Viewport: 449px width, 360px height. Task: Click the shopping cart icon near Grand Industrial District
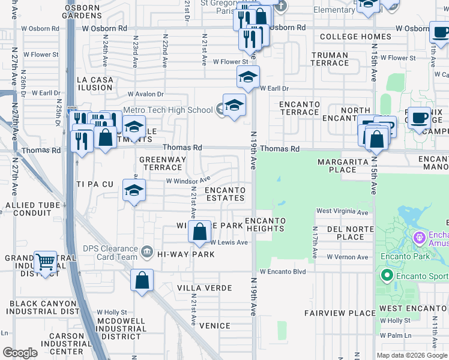[45, 262]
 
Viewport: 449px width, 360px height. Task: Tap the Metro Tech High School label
[167, 110]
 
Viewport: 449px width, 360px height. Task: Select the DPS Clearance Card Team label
[110, 253]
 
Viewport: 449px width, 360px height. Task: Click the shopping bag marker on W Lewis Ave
[199, 231]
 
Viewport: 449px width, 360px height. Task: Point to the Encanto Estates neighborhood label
[225, 194]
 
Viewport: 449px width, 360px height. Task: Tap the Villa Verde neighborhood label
[204, 288]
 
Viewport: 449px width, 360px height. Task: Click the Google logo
[20, 352]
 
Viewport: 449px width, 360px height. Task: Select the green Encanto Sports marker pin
[387, 276]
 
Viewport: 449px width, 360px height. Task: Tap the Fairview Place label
[340, 313]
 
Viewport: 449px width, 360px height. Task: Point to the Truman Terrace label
[330, 59]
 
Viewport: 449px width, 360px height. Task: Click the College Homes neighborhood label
[355, 37]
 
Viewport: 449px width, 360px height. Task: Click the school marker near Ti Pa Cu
[134, 190]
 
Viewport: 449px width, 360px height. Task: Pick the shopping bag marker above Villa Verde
[142, 280]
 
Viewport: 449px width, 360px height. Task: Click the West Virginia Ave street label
[342, 212]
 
